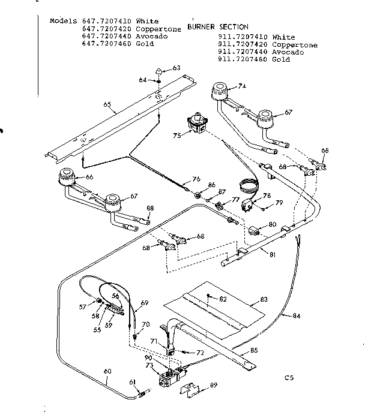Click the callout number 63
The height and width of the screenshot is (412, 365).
click(176, 68)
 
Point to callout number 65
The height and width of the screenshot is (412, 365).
click(107, 104)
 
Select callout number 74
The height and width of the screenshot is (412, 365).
click(242, 86)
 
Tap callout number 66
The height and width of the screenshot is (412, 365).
click(90, 177)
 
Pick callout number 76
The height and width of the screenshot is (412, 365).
click(196, 179)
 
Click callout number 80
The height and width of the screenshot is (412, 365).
click(273, 224)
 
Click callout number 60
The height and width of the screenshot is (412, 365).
click(107, 371)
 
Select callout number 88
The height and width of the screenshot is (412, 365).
click(149, 208)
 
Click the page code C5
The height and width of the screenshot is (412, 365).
click(290, 378)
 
